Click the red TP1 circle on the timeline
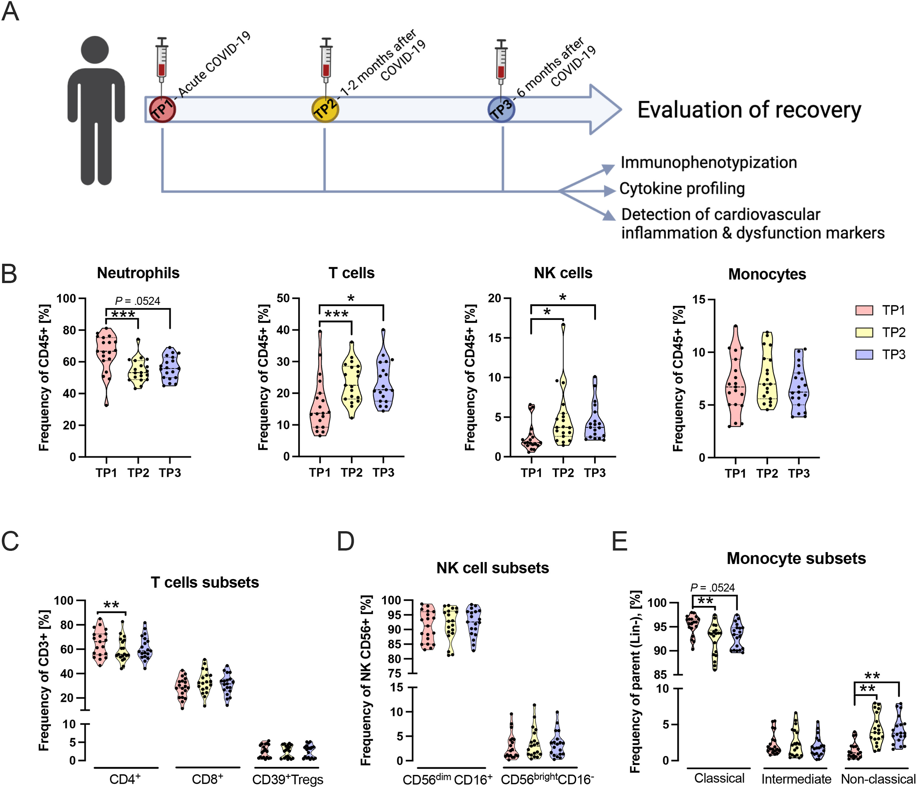pyautogui.click(x=162, y=109)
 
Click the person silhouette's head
pyautogui.click(x=95, y=50)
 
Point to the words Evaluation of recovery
pyautogui.click(x=749, y=110)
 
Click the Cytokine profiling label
pyautogui.click(x=682, y=189)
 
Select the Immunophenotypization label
pyautogui.click(x=708, y=162)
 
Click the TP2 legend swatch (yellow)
pyautogui.click(x=864, y=332)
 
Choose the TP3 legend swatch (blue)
pyautogui.click(x=864, y=354)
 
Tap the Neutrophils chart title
pyautogui.click(x=138, y=273)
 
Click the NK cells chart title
pyautogui.click(x=563, y=273)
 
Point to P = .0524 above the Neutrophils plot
pyautogui.click(x=138, y=301)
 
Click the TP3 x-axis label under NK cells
pyautogui.click(x=595, y=473)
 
